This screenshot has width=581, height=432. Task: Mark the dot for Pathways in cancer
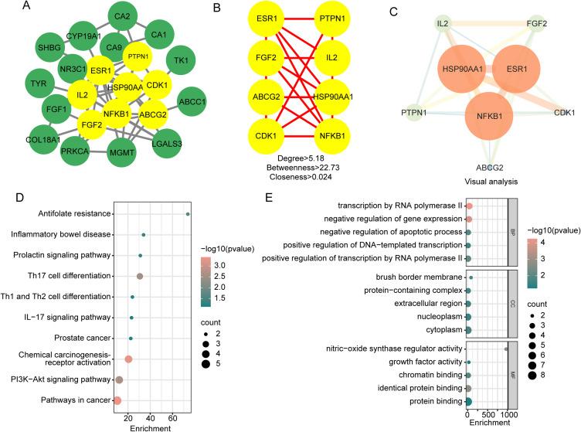[x=117, y=400]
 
